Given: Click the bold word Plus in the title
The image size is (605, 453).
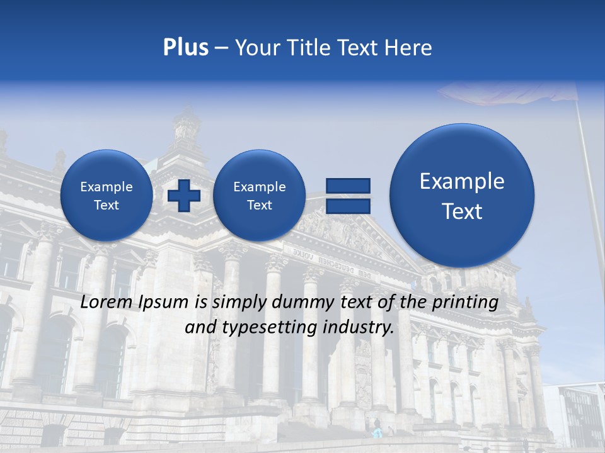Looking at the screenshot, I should tap(185, 47).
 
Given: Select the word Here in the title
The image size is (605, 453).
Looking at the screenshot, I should tap(409, 47).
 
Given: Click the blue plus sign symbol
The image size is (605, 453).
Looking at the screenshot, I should tap(184, 195).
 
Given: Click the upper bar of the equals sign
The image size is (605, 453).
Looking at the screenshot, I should tap(348, 186).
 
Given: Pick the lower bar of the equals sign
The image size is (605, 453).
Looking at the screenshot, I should tap(348, 206).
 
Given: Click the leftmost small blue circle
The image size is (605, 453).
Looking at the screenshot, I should tap(106, 195).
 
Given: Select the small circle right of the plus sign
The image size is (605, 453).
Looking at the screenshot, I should tap(259, 195).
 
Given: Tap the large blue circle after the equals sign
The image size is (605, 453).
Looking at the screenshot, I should tap(462, 195).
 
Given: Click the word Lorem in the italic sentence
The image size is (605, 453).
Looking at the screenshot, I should tap(106, 302).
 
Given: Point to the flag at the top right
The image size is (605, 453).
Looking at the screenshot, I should tap(504, 93).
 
